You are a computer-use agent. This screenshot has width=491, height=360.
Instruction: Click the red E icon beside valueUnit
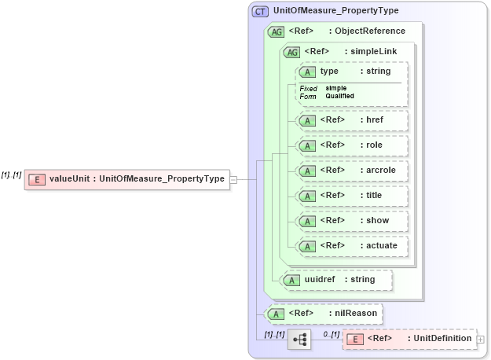(x=36, y=179)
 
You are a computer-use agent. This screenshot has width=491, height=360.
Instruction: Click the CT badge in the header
(x=259, y=11)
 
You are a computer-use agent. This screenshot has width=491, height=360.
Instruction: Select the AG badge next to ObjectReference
(x=276, y=31)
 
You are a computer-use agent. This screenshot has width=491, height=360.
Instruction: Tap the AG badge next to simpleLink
(x=291, y=52)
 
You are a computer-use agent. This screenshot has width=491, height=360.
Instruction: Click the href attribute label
(x=374, y=119)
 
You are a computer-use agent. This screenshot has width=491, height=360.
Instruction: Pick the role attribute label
(x=374, y=145)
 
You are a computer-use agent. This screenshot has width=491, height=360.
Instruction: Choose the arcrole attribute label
(x=379, y=170)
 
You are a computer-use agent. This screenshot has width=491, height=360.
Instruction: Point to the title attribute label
(x=375, y=195)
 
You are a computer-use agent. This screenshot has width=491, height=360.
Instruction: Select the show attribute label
(x=377, y=220)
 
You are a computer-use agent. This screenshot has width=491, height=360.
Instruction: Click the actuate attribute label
(x=381, y=245)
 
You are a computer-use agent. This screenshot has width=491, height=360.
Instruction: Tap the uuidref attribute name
(x=320, y=278)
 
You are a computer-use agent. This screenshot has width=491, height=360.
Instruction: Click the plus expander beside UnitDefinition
(x=480, y=339)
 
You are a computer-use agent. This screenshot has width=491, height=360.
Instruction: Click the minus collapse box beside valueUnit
(x=233, y=179)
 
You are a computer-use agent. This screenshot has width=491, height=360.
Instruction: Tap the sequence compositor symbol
(x=299, y=340)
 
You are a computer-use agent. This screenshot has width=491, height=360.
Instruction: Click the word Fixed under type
(x=308, y=88)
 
